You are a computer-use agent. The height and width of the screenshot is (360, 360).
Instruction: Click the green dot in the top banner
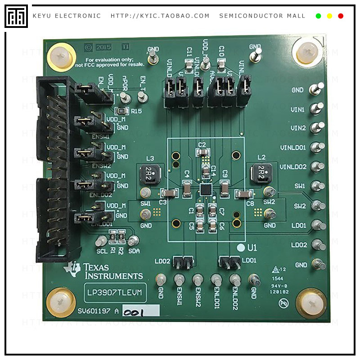pos(319,16)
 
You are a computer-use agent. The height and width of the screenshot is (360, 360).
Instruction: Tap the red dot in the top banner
pos(341,16)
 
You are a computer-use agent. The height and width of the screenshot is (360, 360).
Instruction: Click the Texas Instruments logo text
pos(112,271)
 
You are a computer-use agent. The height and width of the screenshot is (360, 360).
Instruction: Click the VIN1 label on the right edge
pos(298,109)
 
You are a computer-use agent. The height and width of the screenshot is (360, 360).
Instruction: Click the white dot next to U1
pos(241,247)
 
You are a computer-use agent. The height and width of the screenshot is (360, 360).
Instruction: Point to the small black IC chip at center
pos(206,189)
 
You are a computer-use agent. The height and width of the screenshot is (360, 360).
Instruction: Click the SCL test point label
pos(102,250)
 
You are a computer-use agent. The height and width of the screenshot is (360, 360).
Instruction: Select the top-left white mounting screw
pos(60,57)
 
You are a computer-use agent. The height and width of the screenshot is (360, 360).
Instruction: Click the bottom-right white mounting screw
pos(312,304)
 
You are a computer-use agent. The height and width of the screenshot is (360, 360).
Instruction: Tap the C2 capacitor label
pos(202,144)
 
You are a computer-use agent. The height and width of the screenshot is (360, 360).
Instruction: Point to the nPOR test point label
pos(125,83)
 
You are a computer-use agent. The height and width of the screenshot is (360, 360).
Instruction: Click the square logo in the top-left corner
pos(16,16)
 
